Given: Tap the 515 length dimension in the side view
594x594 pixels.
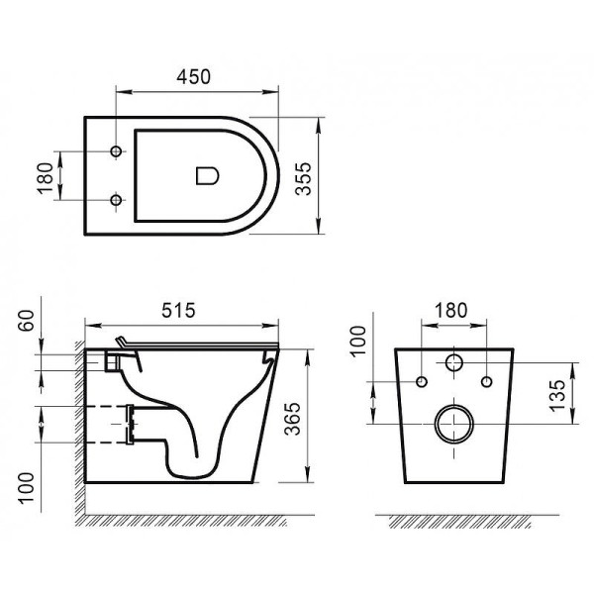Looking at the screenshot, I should click(x=180, y=309).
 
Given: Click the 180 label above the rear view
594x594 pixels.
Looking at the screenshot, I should click(x=450, y=309).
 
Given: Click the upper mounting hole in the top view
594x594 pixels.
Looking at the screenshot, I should click(x=117, y=152).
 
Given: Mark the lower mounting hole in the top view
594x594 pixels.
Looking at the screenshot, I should click(x=117, y=200).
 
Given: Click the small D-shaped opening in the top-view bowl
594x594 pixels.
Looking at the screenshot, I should click(x=207, y=176).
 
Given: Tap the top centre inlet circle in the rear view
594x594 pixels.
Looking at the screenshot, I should click(x=455, y=362).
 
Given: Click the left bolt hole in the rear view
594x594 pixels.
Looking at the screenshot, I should click(x=423, y=381).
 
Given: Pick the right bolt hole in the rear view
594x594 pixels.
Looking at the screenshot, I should click(x=487, y=381).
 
